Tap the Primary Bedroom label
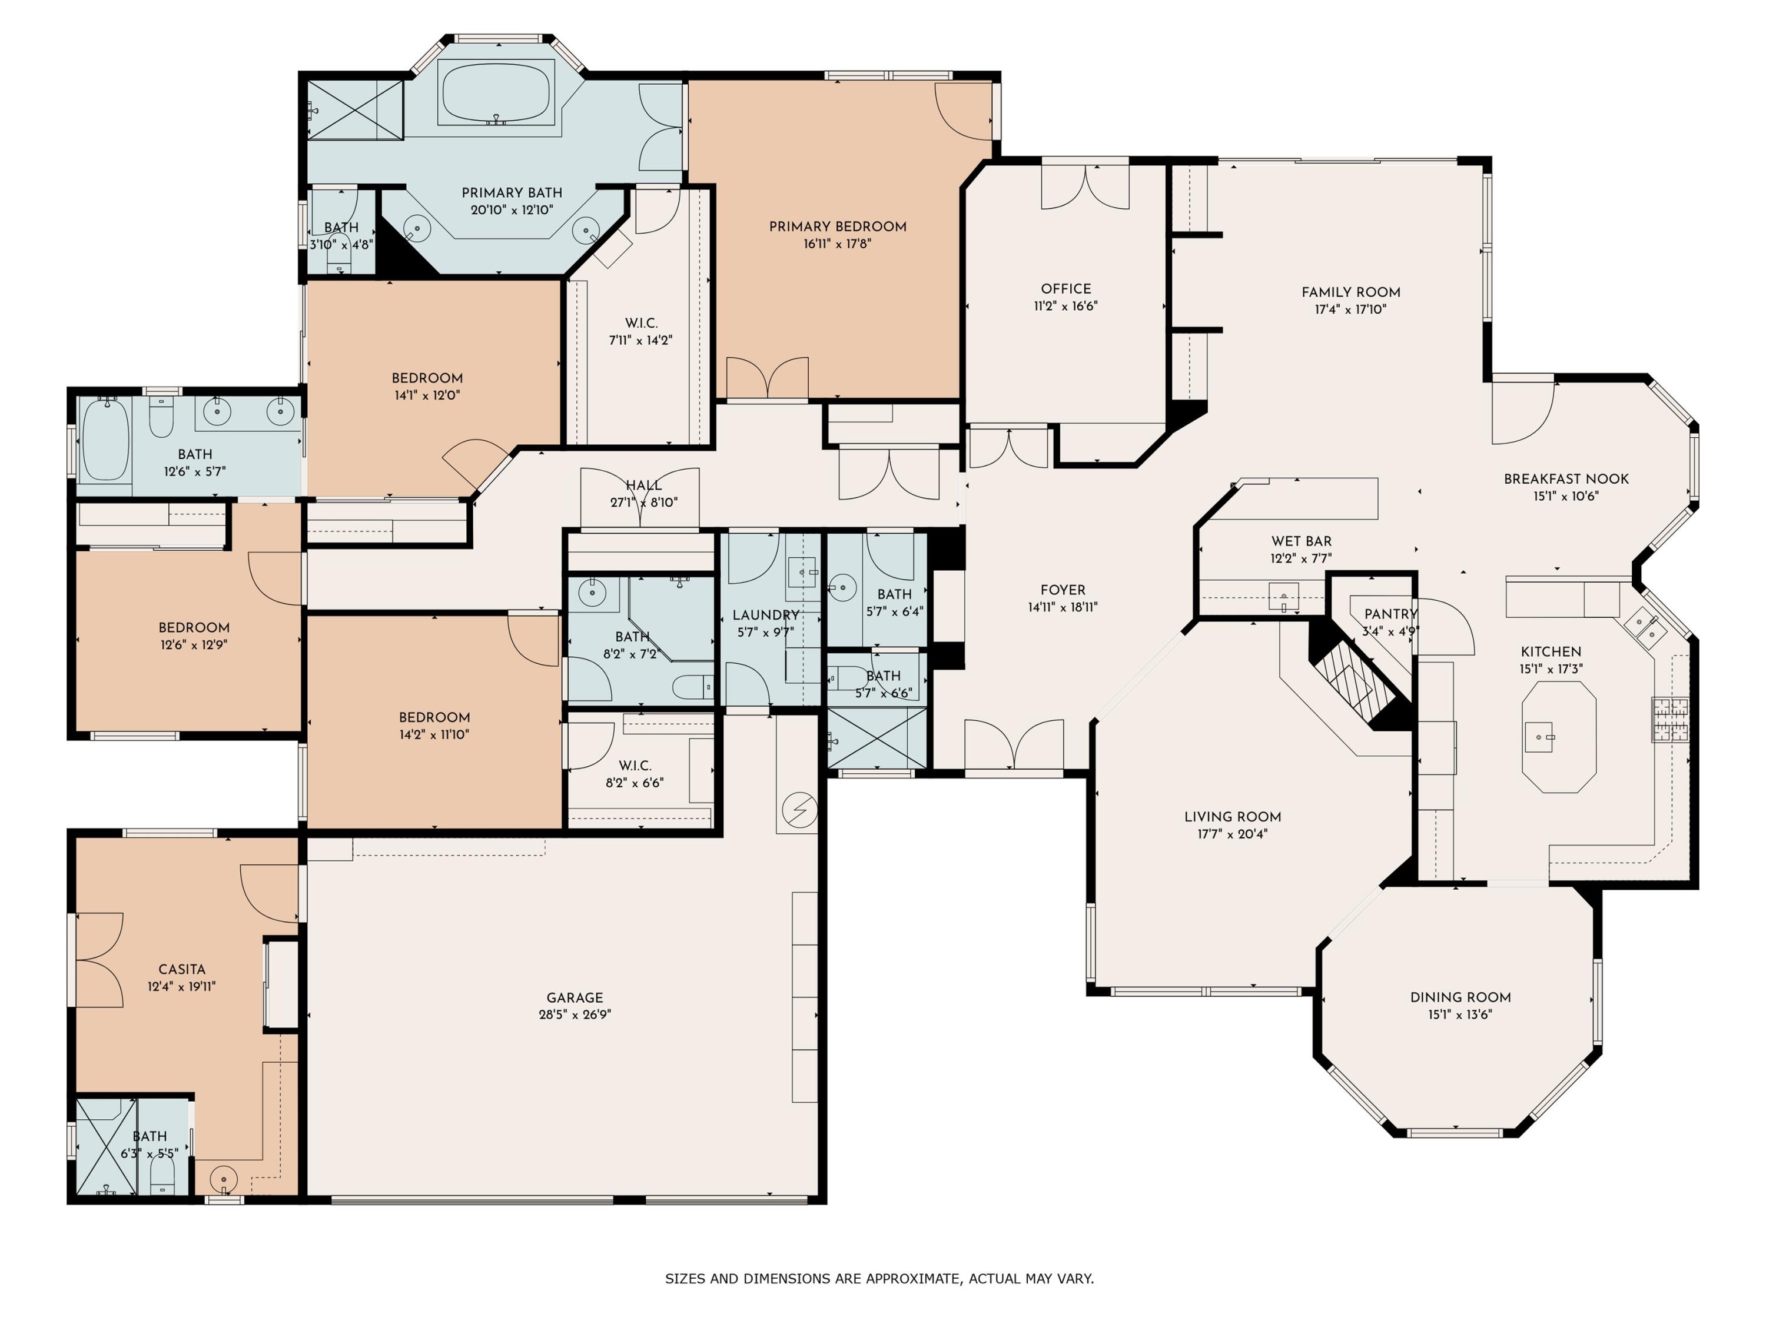tap(838, 227)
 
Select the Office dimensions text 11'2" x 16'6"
tap(1066, 305)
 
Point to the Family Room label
tap(1351, 292)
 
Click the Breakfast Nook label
tap(1566, 479)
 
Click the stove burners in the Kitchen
tap(1670, 719)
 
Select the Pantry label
tap(1391, 614)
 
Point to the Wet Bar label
tap(1302, 541)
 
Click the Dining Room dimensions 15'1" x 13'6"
tap(1460, 1014)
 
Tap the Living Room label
tap(1233, 816)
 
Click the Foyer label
tap(1063, 590)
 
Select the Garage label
tap(575, 997)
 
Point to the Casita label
tap(182, 969)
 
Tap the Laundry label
tap(766, 616)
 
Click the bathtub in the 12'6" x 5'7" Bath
tap(105, 441)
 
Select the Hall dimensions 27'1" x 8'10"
tap(643, 503)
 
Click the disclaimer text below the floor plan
tap(880, 1279)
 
